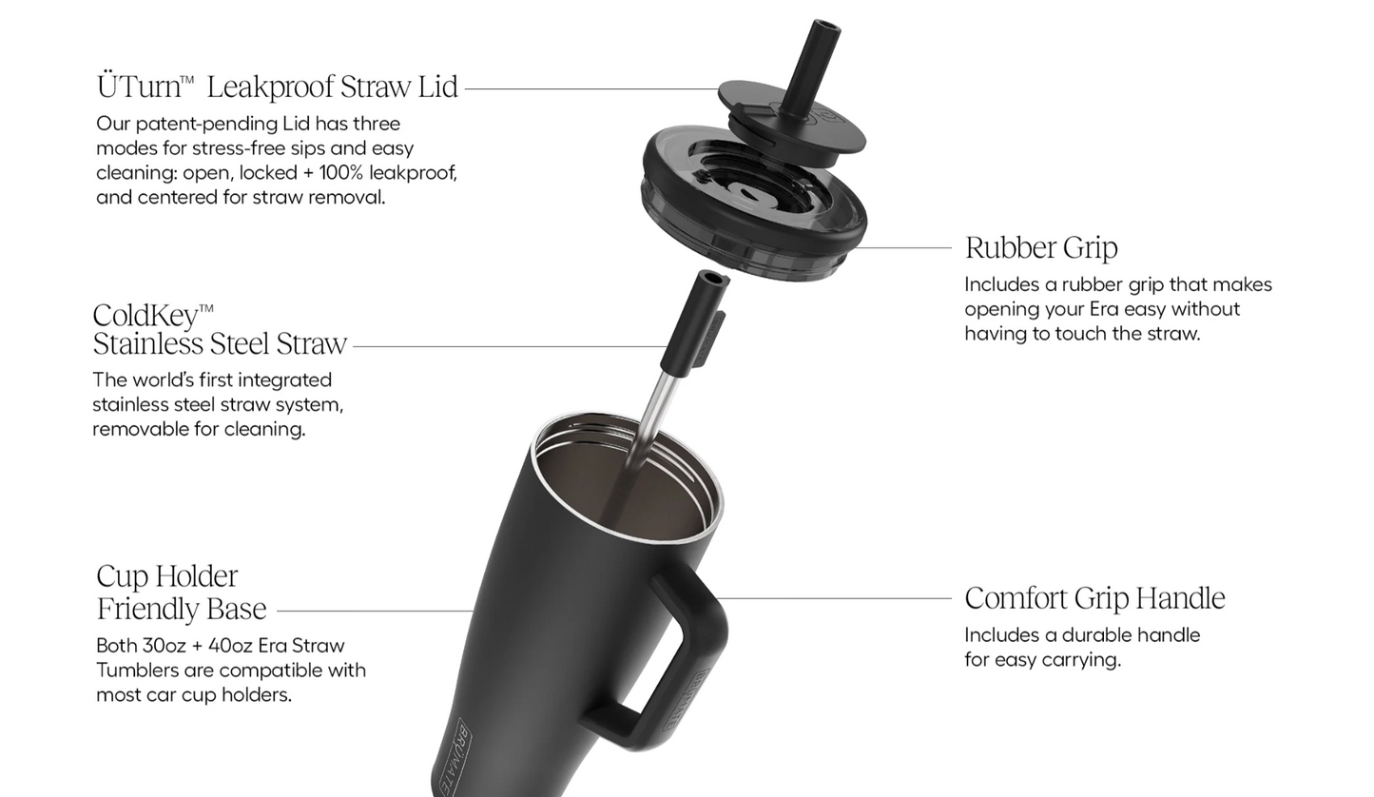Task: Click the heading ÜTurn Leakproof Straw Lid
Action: [x=278, y=86]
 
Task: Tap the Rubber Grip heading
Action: [x=1041, y=248]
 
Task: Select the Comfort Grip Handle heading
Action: [x=1094, y=598]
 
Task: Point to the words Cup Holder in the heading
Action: [x=166, y=576]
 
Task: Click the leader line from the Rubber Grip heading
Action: [x=902, y=248]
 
